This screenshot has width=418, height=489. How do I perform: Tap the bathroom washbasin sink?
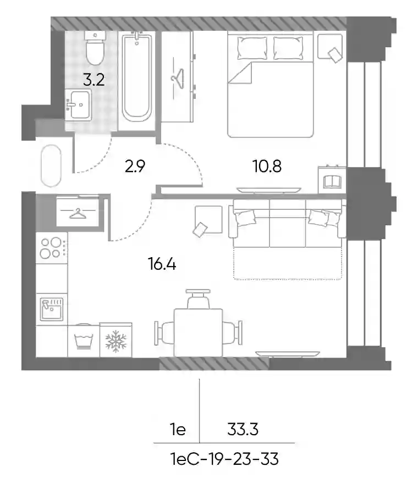tap(78, 105)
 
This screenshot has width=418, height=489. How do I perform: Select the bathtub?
tap(137, 77)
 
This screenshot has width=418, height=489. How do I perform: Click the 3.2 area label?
tap(94, 80)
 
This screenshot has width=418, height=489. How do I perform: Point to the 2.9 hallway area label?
tap(135, 166)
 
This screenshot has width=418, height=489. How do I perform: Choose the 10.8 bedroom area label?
tap(267, 166)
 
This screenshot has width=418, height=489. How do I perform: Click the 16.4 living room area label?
tap(162, 264)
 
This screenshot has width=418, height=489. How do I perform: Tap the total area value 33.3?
tap(243, 430)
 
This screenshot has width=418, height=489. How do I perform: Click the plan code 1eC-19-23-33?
tap(224, 459)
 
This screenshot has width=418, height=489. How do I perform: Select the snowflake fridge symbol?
tap(116, 340)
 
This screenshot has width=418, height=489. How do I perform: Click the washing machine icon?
tap(84, 340)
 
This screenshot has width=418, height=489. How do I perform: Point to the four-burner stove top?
tap(52, 248)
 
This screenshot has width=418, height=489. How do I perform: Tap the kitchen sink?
tap(52, 309)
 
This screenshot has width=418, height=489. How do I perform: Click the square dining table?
tap(198, 332)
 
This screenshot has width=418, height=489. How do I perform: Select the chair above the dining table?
tap(198, 299)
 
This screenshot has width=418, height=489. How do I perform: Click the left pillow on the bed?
tap(252, 48)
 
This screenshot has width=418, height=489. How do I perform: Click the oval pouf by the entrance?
tap(51, 166)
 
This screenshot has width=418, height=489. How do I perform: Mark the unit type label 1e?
tap(178, 430)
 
